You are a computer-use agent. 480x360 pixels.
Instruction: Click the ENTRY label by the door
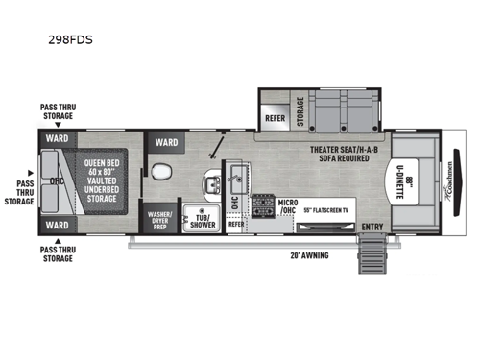point(373,227)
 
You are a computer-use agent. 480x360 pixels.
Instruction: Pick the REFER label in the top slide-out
point(273,119)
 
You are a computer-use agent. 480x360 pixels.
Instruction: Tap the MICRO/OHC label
point(285,207)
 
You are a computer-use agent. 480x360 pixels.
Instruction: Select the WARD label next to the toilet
point(166,144)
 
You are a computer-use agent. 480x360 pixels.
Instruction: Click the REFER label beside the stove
point(236,223)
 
